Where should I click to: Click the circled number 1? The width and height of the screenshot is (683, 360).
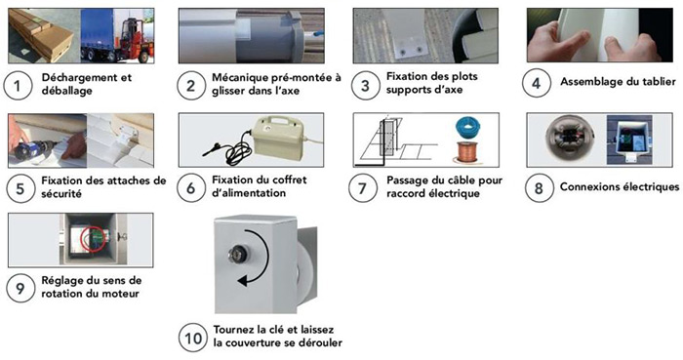pos(17,85)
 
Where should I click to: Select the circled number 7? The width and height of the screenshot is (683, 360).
pos(363,187)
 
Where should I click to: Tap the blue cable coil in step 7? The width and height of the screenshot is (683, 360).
pos(465,129)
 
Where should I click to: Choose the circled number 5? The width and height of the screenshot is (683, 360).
pos(17,186)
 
